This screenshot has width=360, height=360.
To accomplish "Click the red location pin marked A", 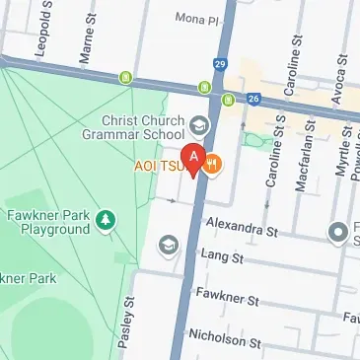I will tap(195, 158).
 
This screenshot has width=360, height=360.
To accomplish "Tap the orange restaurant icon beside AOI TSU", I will tap(213, 165).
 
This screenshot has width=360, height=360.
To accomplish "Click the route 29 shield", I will tap(218, 65).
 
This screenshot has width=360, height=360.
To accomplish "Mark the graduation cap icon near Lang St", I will tap(169, 243).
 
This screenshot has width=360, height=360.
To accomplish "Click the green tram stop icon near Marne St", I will tap(125, 77).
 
